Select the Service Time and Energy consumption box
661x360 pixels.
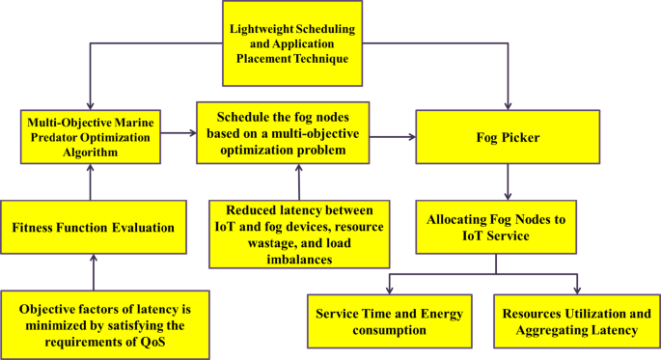coord(390,322)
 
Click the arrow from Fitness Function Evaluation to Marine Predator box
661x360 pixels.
coord(92,180)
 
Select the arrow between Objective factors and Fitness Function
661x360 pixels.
coord(92,272)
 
